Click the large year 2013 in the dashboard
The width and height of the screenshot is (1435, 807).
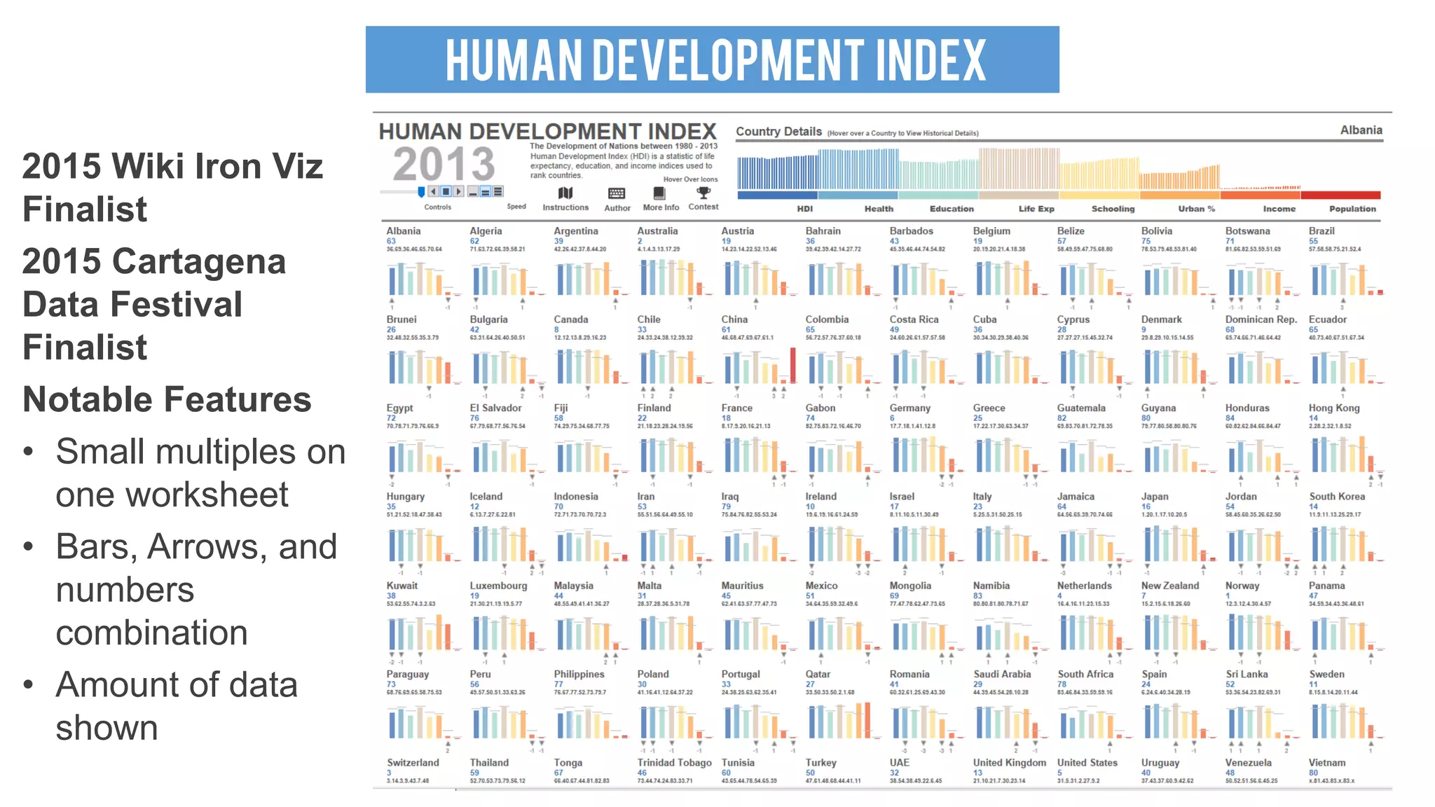[x=444, y=165]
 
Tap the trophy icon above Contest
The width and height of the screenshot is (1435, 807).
[x=703, y=193]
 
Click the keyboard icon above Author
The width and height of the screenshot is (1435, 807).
[x=617, y=193]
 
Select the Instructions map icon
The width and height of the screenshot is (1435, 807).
[x=565, y=193]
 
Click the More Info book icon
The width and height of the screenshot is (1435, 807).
[x=659, y=193]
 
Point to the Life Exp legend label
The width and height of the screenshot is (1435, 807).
[x=1036, y=209]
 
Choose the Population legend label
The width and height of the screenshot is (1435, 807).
[x=1352, y=209]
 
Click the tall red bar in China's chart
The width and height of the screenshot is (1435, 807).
[x=792, y=365]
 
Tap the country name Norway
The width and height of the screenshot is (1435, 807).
[x=1242, y=586]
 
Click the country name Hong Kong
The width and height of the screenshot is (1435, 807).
[x=1333, y=408]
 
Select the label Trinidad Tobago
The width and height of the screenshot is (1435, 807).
[x=673, y=763]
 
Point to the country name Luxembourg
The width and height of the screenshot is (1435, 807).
[x=498, y=586]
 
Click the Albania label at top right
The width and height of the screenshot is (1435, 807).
[x=1361, y=130]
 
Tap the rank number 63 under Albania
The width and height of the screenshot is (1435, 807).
[x=391, y=241]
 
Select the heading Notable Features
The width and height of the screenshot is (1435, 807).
[x=167, y=399]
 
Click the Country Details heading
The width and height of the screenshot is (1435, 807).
[x=778, y=132]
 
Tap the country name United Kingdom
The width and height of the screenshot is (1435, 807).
[x=1009, y=763]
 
